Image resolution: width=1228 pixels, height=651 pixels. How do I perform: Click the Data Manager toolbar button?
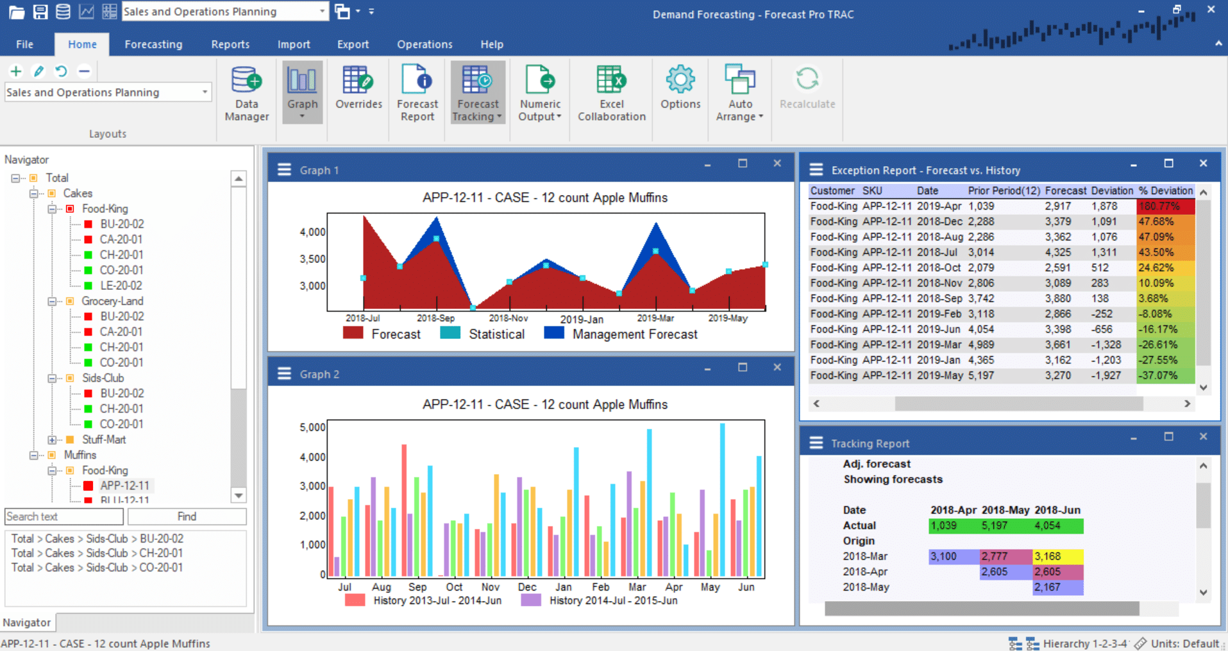pos(247,94)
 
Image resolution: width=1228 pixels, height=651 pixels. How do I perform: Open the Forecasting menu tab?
pos(153,44)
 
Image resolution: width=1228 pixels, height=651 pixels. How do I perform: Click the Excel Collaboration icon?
pos(611,94)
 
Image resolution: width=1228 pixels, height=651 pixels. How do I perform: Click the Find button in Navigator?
pos(187,516)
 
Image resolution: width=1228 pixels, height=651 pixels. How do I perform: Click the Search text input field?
pos(63,516)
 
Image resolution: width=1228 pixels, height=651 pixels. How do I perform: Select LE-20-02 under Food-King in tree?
pos(121,285)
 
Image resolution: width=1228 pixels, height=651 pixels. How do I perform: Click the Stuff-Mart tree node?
pos(104,439)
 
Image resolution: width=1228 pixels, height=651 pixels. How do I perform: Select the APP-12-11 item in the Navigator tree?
pos(124,486)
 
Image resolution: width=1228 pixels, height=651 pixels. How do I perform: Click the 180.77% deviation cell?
pos(1165,206)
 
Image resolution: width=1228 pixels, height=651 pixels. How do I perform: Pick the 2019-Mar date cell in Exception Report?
pos(939,344)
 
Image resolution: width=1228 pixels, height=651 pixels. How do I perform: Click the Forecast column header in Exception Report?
pos(1065,190)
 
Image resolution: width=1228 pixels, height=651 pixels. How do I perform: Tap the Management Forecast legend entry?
pos(634,334)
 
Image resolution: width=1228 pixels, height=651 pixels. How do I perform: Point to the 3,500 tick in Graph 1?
pos(312,259)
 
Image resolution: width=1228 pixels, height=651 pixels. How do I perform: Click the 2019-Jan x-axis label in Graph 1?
pos(582,319)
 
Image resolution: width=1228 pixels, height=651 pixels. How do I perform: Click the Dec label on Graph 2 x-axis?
pos(526,587)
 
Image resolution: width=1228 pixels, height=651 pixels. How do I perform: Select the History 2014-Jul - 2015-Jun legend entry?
pos(612,600)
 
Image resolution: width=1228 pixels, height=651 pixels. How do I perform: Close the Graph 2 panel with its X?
pos(777,367)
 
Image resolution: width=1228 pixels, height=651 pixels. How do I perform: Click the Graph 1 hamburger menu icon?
pos(284,170)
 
